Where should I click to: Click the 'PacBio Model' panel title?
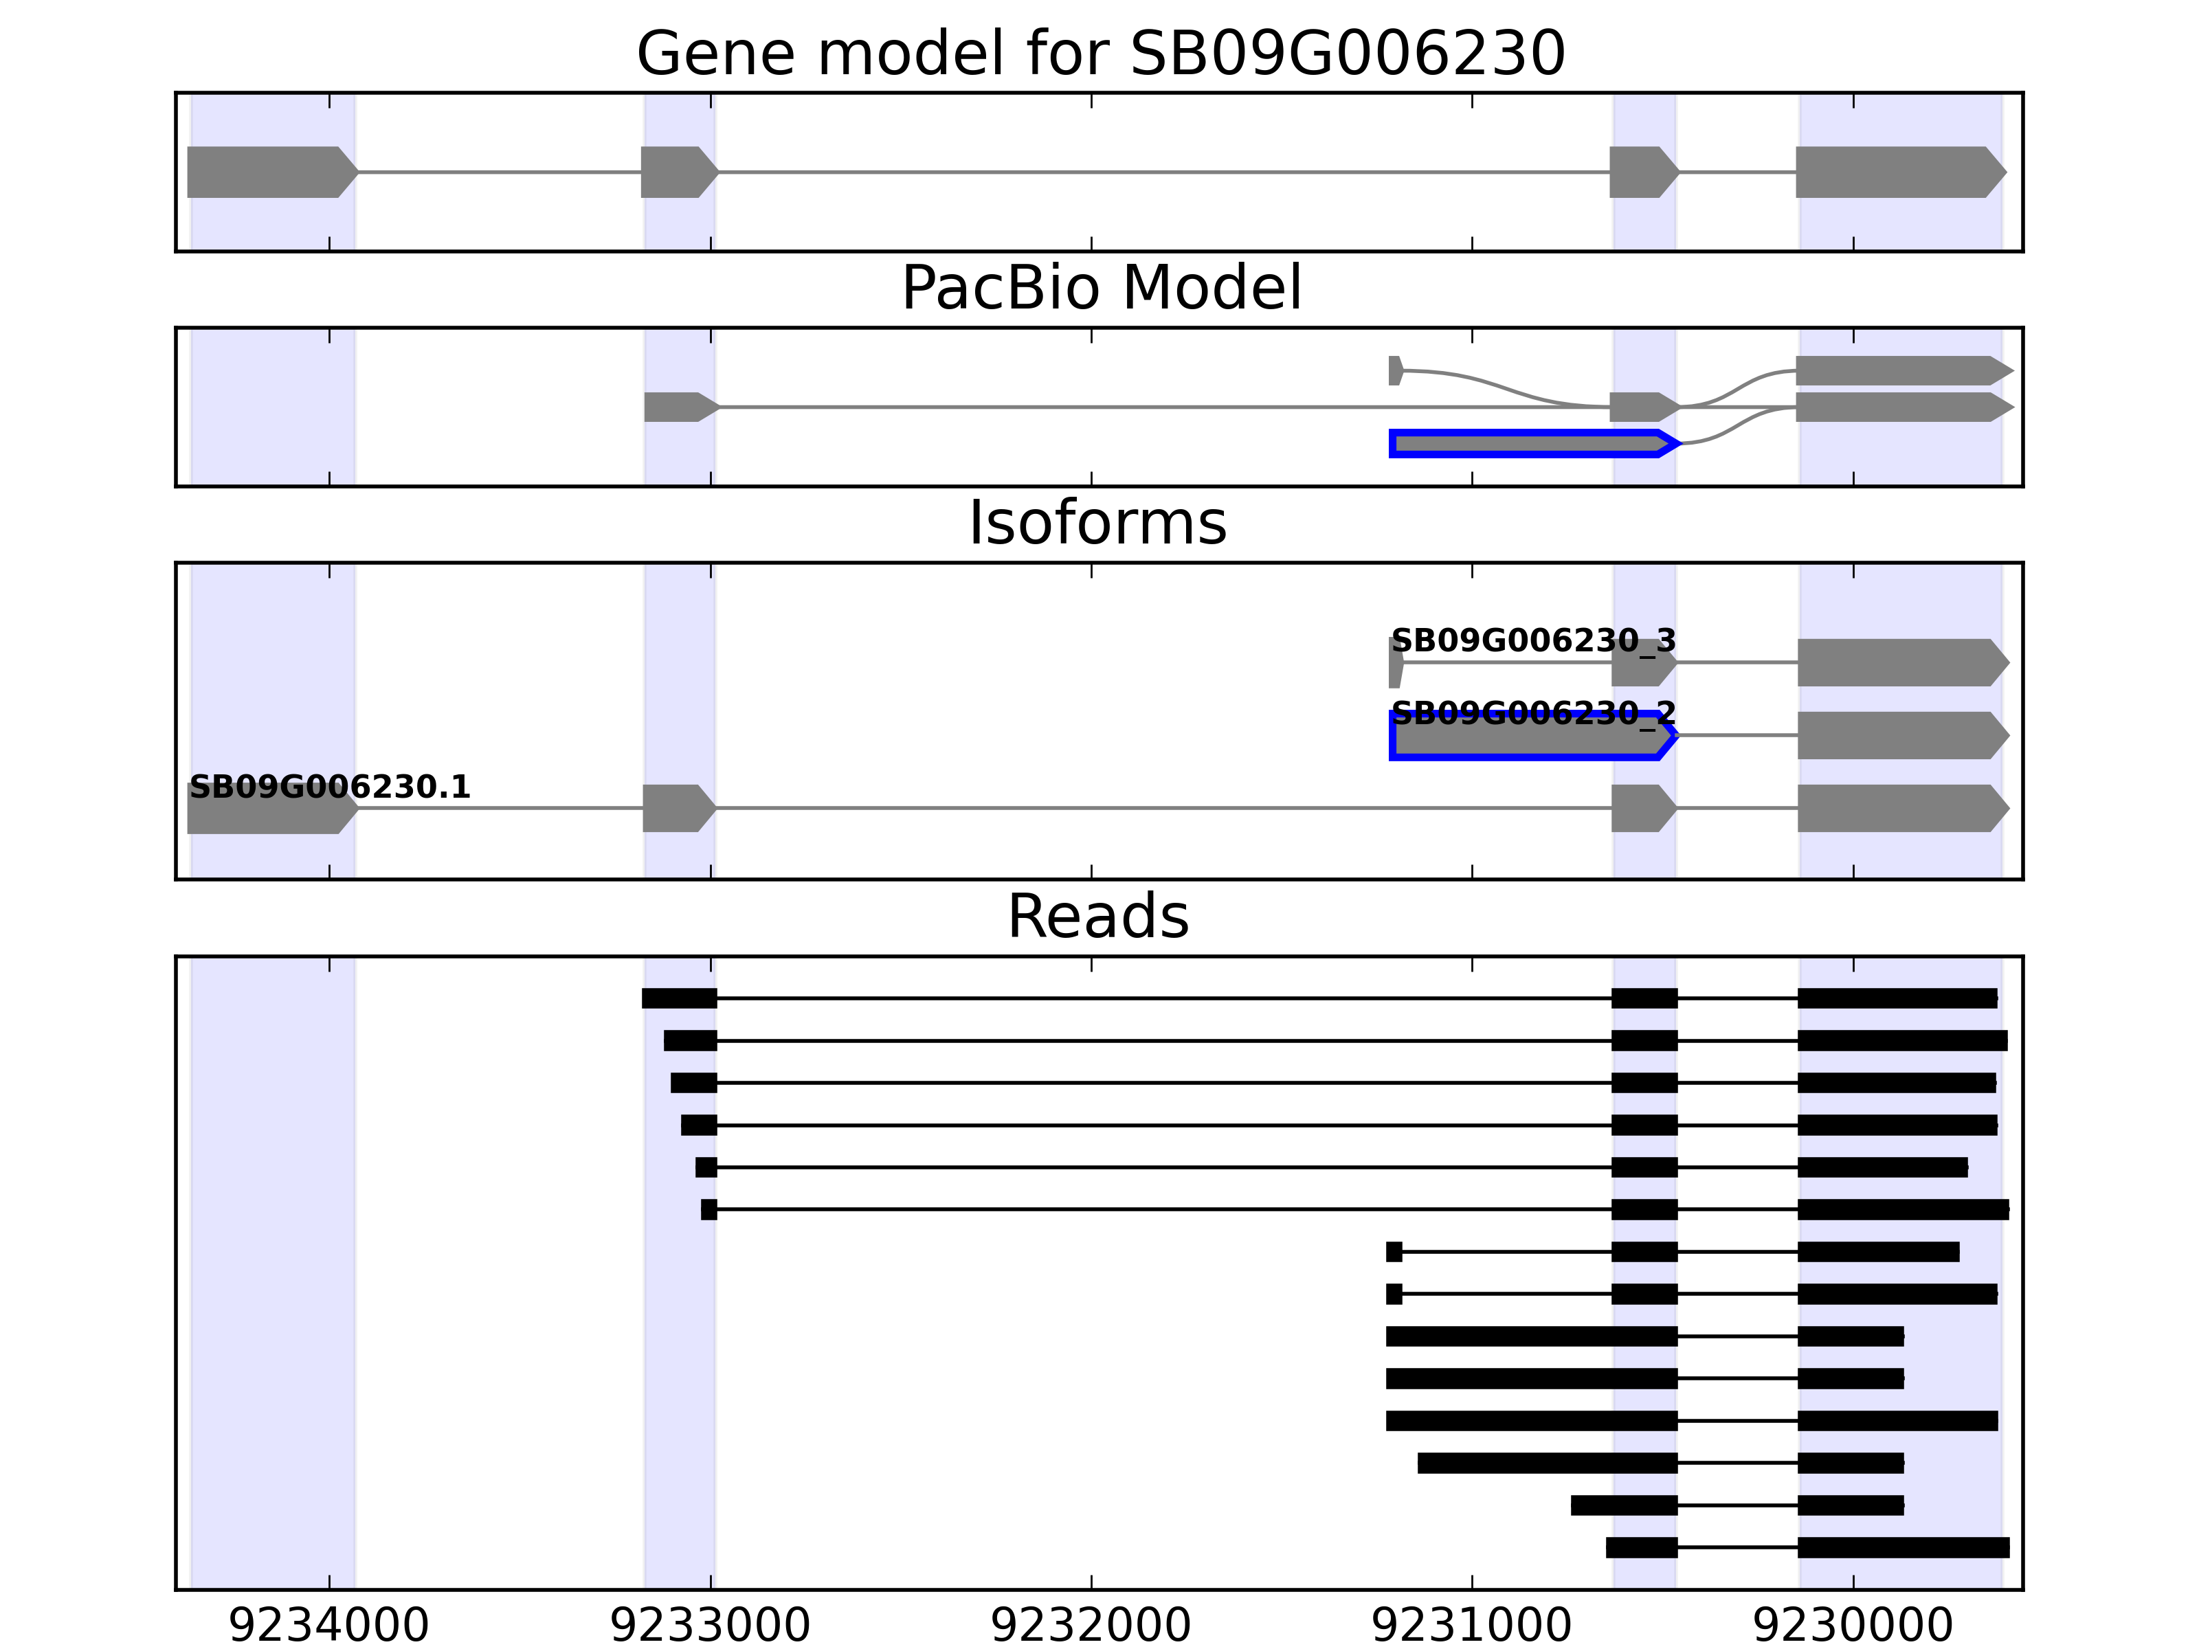(x=1100, y=289)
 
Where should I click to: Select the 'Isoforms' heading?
(x=1097, y=523)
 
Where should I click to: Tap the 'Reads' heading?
(x=1097, y=917)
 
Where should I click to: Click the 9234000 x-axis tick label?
(x=329, y=1625)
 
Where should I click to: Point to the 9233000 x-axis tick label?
(x=710, y=1625)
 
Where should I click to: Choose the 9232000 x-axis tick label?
(x=1091, y=1625)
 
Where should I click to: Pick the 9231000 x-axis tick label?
(x=1471, y=1625)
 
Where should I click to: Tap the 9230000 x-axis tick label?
(x=1852, y=1625)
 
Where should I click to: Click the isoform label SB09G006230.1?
(x=329, y=787)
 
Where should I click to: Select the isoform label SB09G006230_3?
(x=1533, y=640)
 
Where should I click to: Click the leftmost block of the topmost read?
(x=679, y=998)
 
